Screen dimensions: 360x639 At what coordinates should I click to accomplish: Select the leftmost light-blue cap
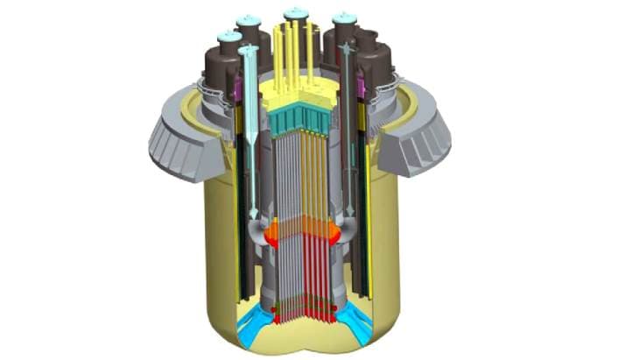point(228,37)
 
